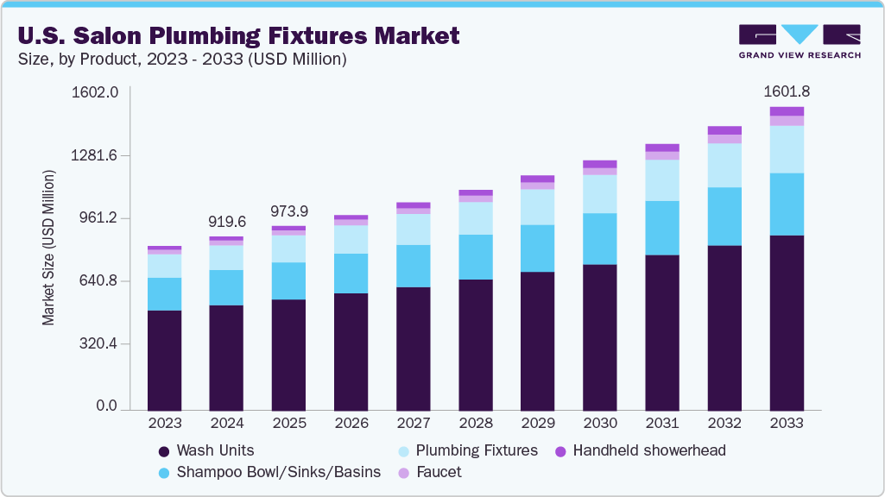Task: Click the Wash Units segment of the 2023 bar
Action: [164, 359]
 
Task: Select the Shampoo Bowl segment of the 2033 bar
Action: [787, 204]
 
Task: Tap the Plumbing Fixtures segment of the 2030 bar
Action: [600, 194]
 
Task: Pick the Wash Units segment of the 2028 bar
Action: [476, 343]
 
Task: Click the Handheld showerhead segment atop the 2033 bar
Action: [787, 111]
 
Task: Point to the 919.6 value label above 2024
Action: [226, 222]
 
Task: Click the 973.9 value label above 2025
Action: [288, 211]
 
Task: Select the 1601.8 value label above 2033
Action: [787, 91]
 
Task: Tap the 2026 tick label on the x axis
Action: [351, 424]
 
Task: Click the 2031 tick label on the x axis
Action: [662, 424]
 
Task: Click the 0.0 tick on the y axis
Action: [106, 406]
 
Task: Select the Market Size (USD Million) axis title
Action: [48, 248]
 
